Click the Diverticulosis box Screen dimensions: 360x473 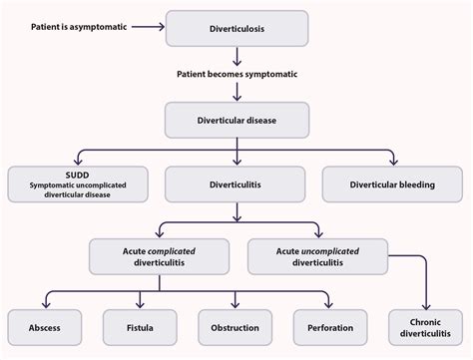(236, 28)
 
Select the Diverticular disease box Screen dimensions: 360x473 (236, 121)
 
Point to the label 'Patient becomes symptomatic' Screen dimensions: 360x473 (236, 75)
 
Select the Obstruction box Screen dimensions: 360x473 (236, 327)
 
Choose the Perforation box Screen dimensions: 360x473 (331, 327)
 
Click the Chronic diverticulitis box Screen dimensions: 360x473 (428, 327)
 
